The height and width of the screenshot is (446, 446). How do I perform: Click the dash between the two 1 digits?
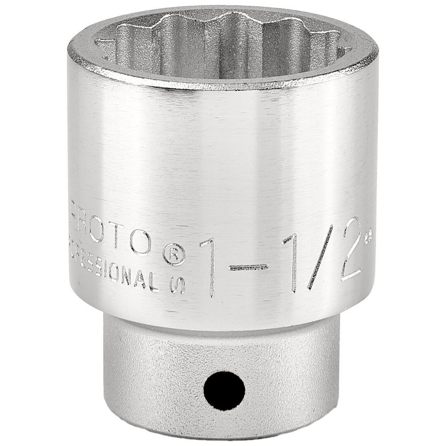(248, 268)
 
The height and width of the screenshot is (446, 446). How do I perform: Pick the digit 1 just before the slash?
(292, 263)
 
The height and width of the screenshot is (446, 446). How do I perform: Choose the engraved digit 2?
(351, 250)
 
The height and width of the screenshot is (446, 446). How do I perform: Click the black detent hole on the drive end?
(224, 391)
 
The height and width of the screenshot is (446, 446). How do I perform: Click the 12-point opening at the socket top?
(223, 42)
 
